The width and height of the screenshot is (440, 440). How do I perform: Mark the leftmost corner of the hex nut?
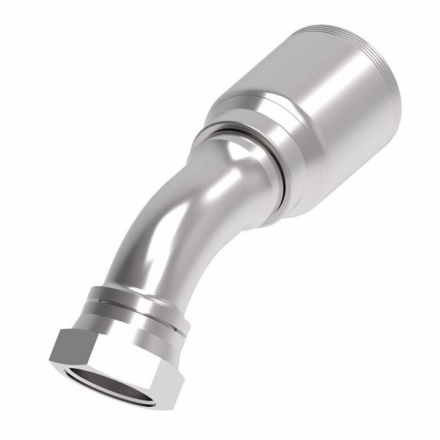[51, 357]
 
